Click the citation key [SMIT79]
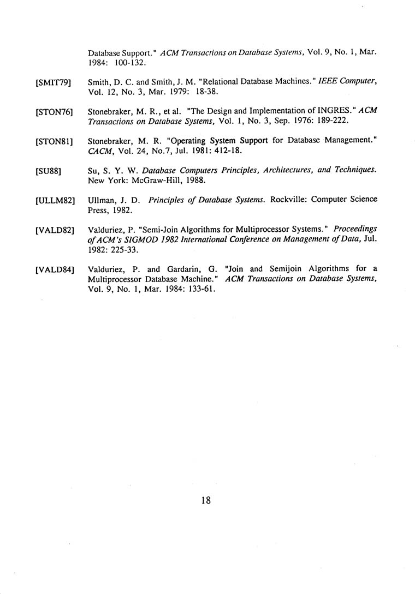(x=53, y=82)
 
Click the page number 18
(x=206, y=501)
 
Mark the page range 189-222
(x=330, y=119)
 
